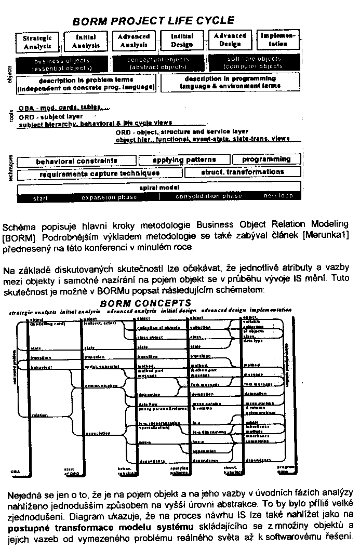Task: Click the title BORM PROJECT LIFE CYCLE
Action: tap(153, 21)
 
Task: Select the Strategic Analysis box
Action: tap(37, 42)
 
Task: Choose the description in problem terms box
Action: tap(87, 84)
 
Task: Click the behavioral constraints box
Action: tap(76, 161)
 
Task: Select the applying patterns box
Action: tap(184, 160)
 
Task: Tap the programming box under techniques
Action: tap(266, 159)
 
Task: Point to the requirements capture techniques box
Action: tap(100, 173)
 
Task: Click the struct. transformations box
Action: tap(242, 172)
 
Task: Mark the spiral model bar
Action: tap(159, 187)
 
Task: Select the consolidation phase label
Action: tap(209, 196)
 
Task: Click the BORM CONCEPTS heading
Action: tap(146, 303)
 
